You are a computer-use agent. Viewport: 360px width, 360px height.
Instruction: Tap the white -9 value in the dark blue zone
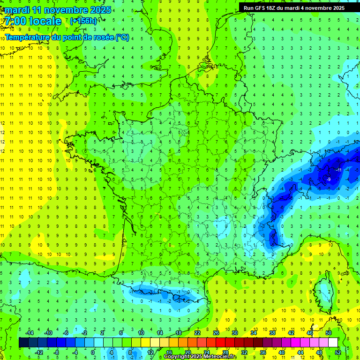pos(329,179)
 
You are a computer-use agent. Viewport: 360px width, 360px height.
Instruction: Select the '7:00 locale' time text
pos(32,21)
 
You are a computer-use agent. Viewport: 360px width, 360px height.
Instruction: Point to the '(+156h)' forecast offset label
pos(83,21)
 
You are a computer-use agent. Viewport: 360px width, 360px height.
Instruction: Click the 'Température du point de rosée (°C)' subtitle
pos(67,37)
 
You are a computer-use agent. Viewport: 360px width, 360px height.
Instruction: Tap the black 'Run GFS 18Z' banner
pos(294,7)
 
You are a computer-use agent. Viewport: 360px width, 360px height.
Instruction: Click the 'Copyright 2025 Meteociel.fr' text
pos(200,357)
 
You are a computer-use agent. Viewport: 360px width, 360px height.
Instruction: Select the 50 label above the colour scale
pos(328,333)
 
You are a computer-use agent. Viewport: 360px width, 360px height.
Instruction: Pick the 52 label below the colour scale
pos(337,352)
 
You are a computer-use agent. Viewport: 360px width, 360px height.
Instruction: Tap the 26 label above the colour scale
pos(216,333)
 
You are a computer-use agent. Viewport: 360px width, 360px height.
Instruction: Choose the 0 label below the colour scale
pos(92,352)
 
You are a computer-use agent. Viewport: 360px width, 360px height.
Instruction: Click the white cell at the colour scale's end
pos(333,343)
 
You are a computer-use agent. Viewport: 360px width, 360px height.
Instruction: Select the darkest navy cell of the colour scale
pos(23,343)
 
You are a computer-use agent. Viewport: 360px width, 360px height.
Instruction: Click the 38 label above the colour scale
pos(272,333)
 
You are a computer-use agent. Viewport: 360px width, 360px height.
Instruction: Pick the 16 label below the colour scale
pos(169,352)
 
